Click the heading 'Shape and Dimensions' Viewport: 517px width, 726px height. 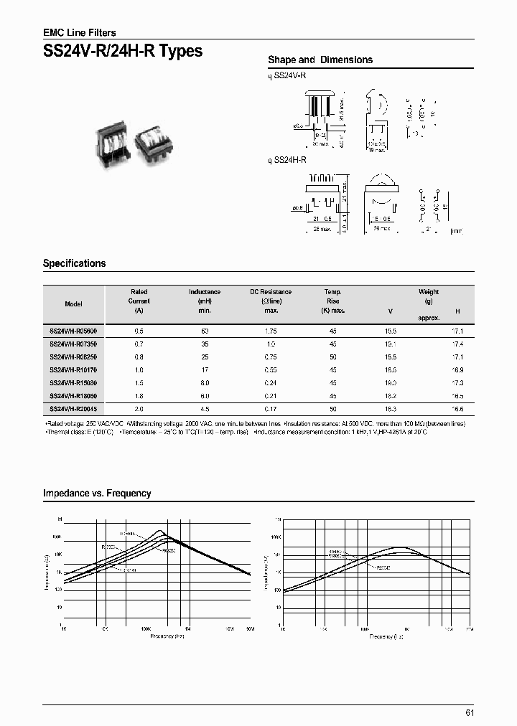click(x=320, y=60)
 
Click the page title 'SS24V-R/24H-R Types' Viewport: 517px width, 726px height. click(x=123, y=52)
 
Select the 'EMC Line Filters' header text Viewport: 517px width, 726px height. click(x=80, y=32)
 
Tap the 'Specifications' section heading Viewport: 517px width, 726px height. click(x=75, y=263)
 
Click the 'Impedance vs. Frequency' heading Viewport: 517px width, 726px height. click(x=97, y=494)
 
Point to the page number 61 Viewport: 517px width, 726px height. click(x=470, y=712)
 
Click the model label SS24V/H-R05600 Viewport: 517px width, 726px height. click(x=73, y=331)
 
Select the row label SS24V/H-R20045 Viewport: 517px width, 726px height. click(x=73, y=409)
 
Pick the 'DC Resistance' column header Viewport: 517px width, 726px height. click(x=271, y=292)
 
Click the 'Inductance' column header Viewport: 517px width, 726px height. click(x=205, y=292)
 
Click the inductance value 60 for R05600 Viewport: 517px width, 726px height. click(x=205, y=331)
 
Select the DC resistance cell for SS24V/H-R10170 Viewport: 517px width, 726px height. click(x=271, y=370)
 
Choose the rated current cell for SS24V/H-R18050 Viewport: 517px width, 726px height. click(x=139, y=396)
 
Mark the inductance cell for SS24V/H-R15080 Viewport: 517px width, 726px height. click(x=205, y=383)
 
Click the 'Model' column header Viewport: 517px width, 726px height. click(x=73, y=304)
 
